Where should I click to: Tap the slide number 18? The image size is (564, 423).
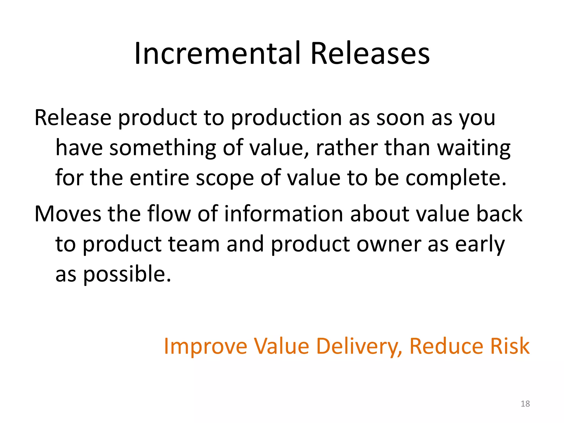(525, 404)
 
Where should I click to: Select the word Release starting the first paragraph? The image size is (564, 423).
(73, 118)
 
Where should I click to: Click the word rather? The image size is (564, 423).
(347, 148)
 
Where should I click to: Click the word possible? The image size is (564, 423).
(127, 275)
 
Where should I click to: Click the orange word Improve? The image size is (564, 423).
(205, 346)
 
